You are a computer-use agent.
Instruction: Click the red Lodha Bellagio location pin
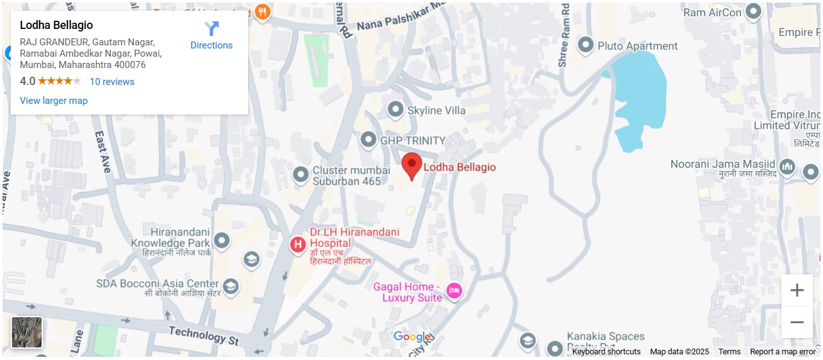click(x=412, y=166)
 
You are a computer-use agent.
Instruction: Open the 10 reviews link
click(x=112, y=82)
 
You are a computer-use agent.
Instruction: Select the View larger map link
click(x=54, y=101)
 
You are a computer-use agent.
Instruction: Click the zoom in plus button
click(x=797, y=291)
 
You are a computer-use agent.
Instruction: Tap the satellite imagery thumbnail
click(x=27, y=332)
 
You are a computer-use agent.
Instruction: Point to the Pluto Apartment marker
click(x=586, y=45)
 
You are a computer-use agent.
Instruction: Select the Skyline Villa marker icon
click(x=395, y=110)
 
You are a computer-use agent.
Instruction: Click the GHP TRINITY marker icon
click(x=368, y=140)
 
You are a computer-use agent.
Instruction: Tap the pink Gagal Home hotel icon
click(x=454, y=291)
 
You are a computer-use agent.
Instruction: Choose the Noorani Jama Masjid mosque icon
click(x=786, y=167)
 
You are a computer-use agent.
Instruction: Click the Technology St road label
click(x=204, y=336)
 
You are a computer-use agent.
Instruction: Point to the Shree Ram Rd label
click(x=564, y=35)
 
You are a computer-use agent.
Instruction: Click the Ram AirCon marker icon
click(x=753, y=12)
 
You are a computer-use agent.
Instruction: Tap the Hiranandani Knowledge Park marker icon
click(x=221, y=240)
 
